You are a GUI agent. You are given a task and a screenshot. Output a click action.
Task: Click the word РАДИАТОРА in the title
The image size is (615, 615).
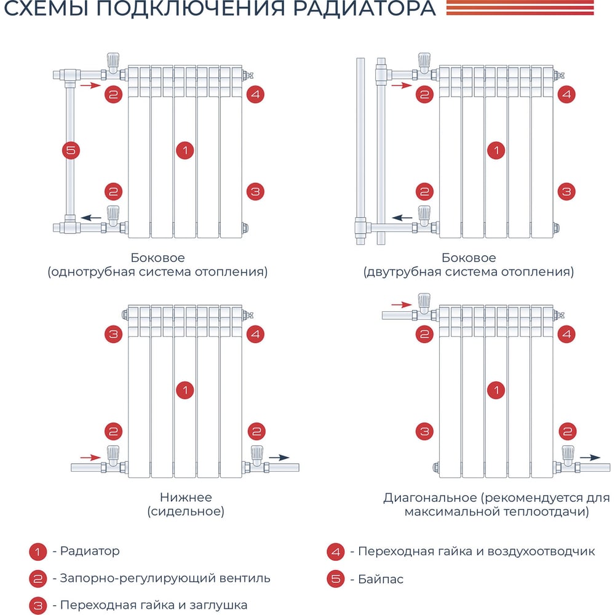[x=364, y=8]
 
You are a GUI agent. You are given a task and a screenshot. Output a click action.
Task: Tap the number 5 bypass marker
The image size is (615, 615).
[x=71, y=150]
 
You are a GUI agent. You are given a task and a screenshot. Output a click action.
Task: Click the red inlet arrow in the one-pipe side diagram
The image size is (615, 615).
[x=90, y=85]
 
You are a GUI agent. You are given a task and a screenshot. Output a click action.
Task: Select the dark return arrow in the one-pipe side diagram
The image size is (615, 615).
[x=92, y=218]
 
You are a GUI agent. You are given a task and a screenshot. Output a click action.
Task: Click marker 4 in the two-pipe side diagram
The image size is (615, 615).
[x=566, y=94]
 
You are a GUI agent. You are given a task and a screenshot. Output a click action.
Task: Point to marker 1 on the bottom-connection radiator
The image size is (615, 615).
[x=185, y=391]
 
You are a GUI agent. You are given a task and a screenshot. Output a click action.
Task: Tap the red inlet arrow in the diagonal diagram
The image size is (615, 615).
[x=402, y=304]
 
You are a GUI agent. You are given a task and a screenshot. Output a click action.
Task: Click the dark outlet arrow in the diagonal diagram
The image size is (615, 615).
[x=590, y=458]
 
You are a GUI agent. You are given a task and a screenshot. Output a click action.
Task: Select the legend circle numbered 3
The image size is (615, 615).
[x=38, y=605]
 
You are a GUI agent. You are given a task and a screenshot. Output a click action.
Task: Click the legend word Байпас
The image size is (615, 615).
[x=381, y=579]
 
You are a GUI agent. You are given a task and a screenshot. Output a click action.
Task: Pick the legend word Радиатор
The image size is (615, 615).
[x=90, y=551]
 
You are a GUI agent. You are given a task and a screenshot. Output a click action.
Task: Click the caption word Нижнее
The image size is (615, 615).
[x=186, y=498]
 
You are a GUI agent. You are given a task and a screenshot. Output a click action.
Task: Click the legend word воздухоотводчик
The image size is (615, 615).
[x=541, y=552]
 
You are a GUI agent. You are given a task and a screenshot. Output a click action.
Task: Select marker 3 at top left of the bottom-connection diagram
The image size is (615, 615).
[x=113, y=334]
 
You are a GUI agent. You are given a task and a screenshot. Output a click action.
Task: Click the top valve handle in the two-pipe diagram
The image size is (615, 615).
[x=424, y=60]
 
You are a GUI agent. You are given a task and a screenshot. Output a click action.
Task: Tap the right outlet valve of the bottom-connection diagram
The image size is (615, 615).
[x=257, y=459]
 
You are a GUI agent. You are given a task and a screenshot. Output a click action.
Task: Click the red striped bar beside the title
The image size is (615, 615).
[x=520, y=8]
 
